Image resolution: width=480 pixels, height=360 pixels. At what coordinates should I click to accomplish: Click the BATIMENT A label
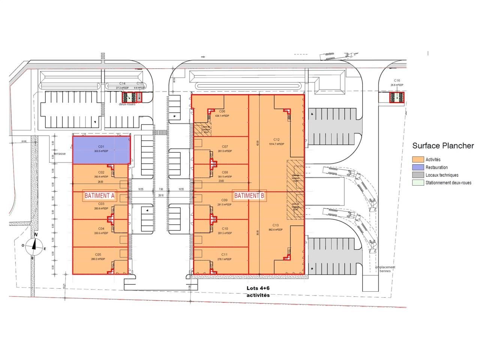tap(100, 195)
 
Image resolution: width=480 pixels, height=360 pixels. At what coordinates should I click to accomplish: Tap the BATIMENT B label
tap(250, 195)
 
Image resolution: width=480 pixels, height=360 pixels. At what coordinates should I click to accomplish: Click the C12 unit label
tap(276, 139)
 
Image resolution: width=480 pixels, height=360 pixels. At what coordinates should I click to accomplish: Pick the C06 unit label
tap(222, 111)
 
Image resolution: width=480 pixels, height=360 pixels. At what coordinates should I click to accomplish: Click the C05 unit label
tap(99, 255)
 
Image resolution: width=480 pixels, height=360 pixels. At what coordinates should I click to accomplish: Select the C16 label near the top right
tap(397, 81)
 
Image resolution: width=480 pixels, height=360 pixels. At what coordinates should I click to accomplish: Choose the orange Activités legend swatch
tap(418, 160)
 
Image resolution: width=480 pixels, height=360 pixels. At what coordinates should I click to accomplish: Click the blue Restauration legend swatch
tap(418, 167)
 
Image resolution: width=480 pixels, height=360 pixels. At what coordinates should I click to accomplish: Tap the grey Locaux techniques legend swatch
tap(418, 175)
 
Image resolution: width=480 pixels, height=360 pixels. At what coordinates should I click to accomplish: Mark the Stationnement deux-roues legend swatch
tap(418, 183)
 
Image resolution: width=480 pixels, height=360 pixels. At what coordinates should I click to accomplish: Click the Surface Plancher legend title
tap(443, 146)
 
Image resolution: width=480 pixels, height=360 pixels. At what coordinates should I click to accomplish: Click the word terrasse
tap(60, 154)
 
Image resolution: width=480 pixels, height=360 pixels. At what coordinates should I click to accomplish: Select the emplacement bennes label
tap(385, 269)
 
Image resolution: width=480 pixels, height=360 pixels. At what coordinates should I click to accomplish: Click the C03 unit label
tap(101, 204)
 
